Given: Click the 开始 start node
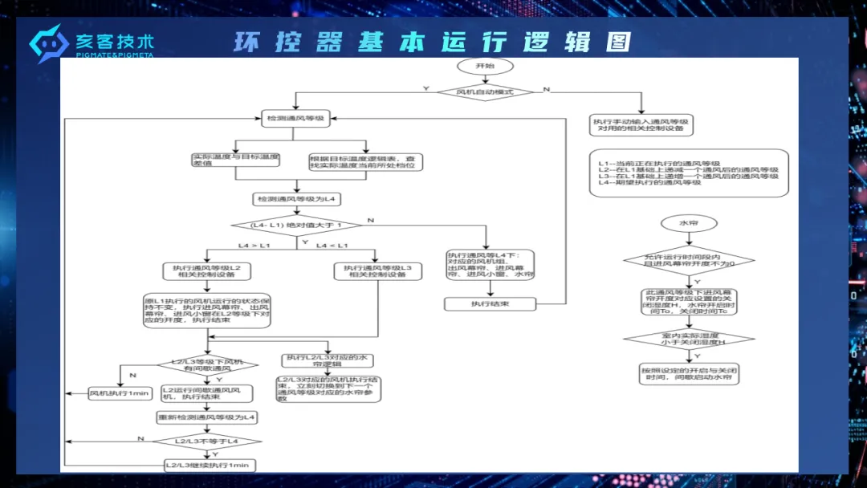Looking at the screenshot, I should (485, 66).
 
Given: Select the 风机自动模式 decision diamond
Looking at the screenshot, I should (485, 91).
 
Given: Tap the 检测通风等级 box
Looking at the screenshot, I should (295, 118).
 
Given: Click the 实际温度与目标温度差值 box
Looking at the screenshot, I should (234, 160).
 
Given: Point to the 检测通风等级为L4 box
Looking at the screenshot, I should (296, 197).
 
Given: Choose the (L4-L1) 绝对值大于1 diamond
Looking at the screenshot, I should (296, 225).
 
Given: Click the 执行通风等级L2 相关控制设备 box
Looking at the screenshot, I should (207, 270).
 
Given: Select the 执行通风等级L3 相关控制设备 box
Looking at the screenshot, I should (377, 271).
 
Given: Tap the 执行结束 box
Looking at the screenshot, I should (490, 304).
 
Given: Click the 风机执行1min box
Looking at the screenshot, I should (119, 393).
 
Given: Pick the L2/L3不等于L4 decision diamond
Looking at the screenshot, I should (207, 441).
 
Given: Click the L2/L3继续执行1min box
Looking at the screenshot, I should (208, 465).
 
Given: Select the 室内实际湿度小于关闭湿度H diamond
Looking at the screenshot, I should (689, 338).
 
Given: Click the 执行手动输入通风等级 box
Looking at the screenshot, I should (642, 125).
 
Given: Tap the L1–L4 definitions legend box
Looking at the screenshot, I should (688, 173).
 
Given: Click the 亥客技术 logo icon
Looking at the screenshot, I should (48, 43).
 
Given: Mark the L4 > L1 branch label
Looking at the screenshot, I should (254, 245).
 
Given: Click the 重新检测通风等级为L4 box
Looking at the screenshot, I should (207, 417).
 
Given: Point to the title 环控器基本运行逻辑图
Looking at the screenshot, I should (432, 42).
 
